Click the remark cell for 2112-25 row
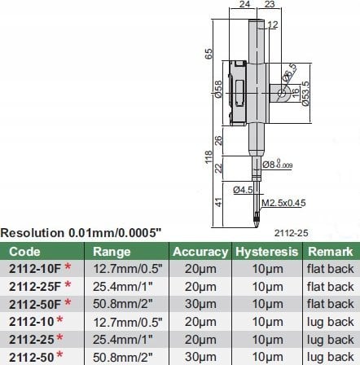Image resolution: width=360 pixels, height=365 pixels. (330, 343)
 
